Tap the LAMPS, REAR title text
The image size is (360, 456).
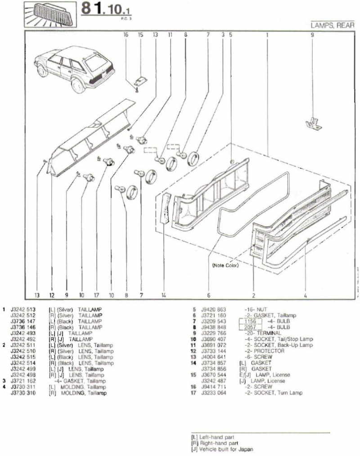point(333,26)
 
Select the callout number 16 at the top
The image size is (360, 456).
point(126,34)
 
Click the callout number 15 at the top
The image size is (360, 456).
point(140,34)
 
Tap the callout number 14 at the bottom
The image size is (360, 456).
point(164,295)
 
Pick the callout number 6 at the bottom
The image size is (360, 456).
point(209,295)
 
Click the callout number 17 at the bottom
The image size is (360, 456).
point(96,295)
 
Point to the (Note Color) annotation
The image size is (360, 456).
point(225,265)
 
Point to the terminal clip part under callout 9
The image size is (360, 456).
point(313,124)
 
